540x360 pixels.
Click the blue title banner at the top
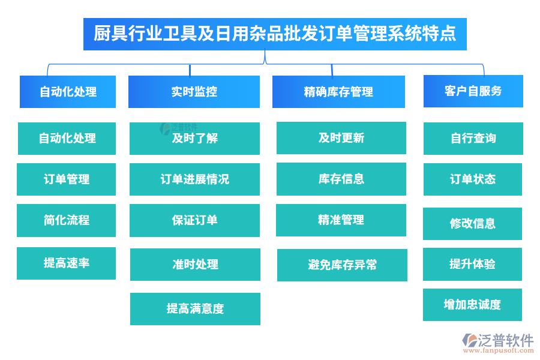(275, 33)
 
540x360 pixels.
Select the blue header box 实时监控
(194, 92)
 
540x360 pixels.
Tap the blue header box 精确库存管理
(338, 92)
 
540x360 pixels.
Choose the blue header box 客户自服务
(473, 91)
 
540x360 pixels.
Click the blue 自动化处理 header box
(68, 92)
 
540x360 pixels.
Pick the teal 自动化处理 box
(67, 139)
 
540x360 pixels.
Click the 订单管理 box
(66, 179)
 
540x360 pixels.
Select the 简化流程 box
(66, 220)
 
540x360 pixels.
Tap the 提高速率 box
(66, 263)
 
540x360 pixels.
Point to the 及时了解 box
(194, 139)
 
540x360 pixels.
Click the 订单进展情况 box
(194, 179)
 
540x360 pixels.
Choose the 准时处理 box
(195, 265)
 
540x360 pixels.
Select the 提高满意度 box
(195, 309)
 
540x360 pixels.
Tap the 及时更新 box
(341, 138)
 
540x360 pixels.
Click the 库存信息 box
(341, 179)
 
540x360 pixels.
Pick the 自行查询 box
(473, 139)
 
